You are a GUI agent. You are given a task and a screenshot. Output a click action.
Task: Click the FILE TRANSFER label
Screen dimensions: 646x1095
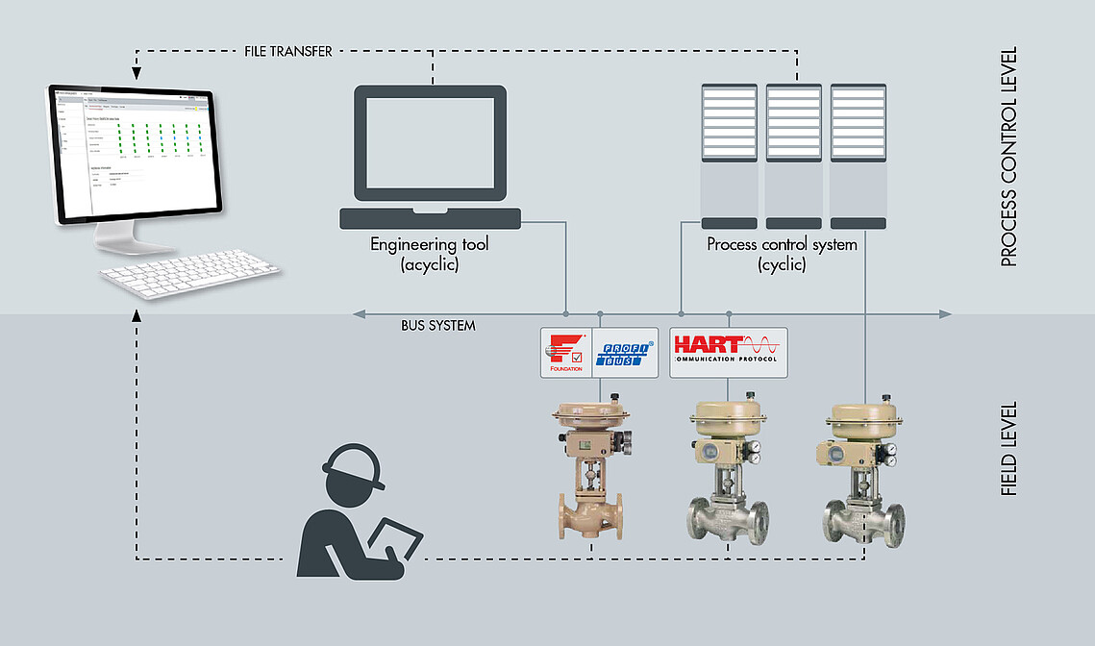coord(288,52)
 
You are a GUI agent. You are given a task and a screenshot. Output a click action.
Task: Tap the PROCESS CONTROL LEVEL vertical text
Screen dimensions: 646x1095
coord(1008,157)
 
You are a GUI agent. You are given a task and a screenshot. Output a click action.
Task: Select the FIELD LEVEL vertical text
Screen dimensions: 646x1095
coord(1008,449)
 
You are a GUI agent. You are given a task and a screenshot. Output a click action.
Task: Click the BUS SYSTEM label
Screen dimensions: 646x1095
coord(438,326)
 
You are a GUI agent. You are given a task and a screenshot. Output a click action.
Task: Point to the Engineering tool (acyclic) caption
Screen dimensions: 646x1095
coord(430,254)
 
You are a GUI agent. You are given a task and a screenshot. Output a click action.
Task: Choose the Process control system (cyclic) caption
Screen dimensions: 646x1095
coord(782,254)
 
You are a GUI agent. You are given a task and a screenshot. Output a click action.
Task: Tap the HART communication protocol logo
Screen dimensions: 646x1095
coord(728,352)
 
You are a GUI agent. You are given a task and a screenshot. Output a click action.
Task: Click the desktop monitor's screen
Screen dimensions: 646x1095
coord(135,154)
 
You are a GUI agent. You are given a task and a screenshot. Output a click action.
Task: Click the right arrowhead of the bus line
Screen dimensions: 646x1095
coord(945,314)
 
